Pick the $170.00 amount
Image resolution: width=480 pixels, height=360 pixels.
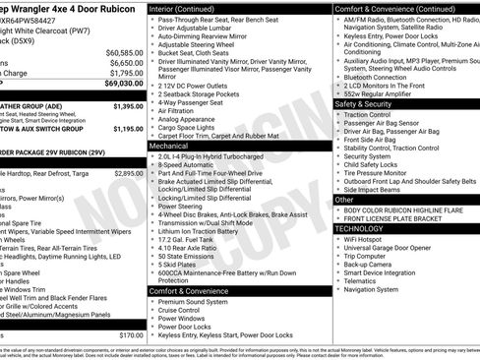point(132,334)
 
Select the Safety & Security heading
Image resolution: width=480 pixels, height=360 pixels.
point(364,103)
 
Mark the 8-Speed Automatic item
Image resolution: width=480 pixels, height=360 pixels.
point(186,164)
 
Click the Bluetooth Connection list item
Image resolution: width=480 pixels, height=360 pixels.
point(378,77)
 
